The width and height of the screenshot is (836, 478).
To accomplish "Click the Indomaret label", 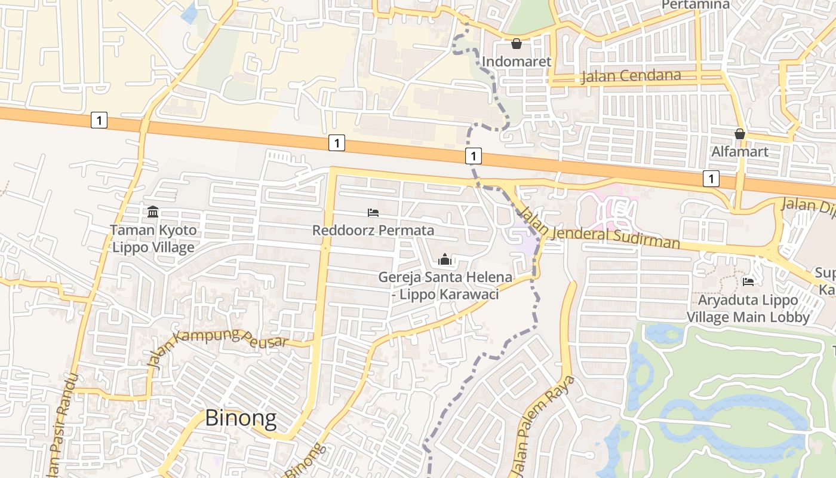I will [516, 62].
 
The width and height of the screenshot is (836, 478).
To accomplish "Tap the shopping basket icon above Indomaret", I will [517, 44].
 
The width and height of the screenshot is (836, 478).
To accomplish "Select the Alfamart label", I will [739, 152].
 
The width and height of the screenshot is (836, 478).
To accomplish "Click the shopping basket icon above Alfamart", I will [740, 134].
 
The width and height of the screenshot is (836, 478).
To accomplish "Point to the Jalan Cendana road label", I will [631, 76].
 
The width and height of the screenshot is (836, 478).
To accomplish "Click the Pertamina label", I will [696, 5].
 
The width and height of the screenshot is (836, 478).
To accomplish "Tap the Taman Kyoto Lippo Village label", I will [153, 238].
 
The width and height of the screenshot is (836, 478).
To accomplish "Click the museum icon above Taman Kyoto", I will [153, 212].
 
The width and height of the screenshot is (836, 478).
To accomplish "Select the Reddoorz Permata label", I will [373, 230].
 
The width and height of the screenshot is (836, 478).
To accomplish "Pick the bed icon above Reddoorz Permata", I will [373, 212].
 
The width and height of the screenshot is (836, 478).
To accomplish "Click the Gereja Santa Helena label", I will [445, 286].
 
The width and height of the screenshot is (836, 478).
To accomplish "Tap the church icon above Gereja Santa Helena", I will [445, 259].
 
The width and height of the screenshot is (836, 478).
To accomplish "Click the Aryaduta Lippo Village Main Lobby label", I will [748, 308].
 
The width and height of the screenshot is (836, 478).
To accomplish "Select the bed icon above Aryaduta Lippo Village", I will [748, 282].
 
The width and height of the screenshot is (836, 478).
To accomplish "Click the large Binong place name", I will [241, 418].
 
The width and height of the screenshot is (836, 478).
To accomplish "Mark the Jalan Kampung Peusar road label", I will [220, 345].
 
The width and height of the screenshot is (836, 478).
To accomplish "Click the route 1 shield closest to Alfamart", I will [711, 178].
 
